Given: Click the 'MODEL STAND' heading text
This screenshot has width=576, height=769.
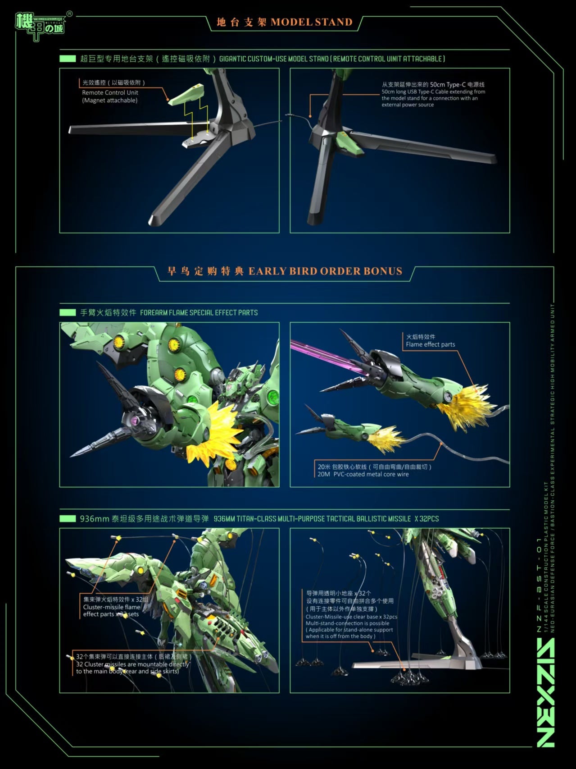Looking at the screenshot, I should click(311, 22).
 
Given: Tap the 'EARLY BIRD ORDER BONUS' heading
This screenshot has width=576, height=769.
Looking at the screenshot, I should click(325, 271).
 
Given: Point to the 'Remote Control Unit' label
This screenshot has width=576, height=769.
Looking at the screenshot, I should click(110, 92).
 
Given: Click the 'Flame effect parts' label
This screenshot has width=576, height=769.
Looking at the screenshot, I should click(430, 344).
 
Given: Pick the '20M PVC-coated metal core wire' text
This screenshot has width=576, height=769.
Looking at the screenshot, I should click(363, 474).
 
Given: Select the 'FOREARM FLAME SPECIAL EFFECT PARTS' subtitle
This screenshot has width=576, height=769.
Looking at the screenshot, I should click(199, 312).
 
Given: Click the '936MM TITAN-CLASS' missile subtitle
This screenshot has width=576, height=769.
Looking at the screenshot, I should click(326, 519).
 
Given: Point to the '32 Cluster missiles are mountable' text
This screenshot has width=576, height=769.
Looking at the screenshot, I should click(132, 664).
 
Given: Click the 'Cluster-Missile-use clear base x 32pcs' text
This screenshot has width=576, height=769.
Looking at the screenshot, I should click(351, 617).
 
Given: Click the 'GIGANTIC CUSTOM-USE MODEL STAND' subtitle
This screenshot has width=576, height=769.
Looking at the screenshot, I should click(332, 59).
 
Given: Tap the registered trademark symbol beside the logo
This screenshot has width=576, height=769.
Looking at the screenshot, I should click(69, 14).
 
